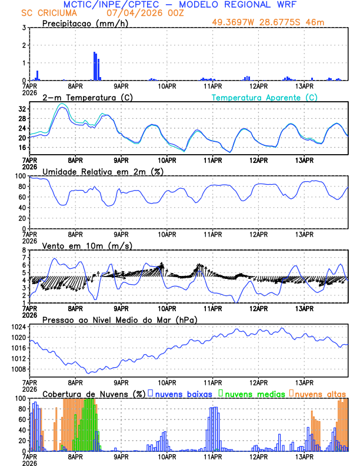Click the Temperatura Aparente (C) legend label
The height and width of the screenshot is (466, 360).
[x=265, y=97]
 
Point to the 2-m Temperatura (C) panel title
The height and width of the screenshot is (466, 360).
[x=86, y=97]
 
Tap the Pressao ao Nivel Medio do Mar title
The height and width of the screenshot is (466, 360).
[x=119, y=319]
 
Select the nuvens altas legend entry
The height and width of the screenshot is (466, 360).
[x=320, y=394]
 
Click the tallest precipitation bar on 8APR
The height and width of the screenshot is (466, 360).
[x=95, y=66]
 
